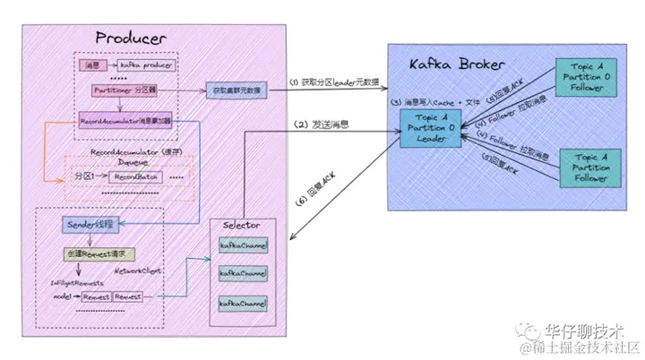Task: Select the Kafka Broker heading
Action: pyautogui.click(x=453, y=65)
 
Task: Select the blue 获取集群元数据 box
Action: pyautogui.click(x=236, y=90)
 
